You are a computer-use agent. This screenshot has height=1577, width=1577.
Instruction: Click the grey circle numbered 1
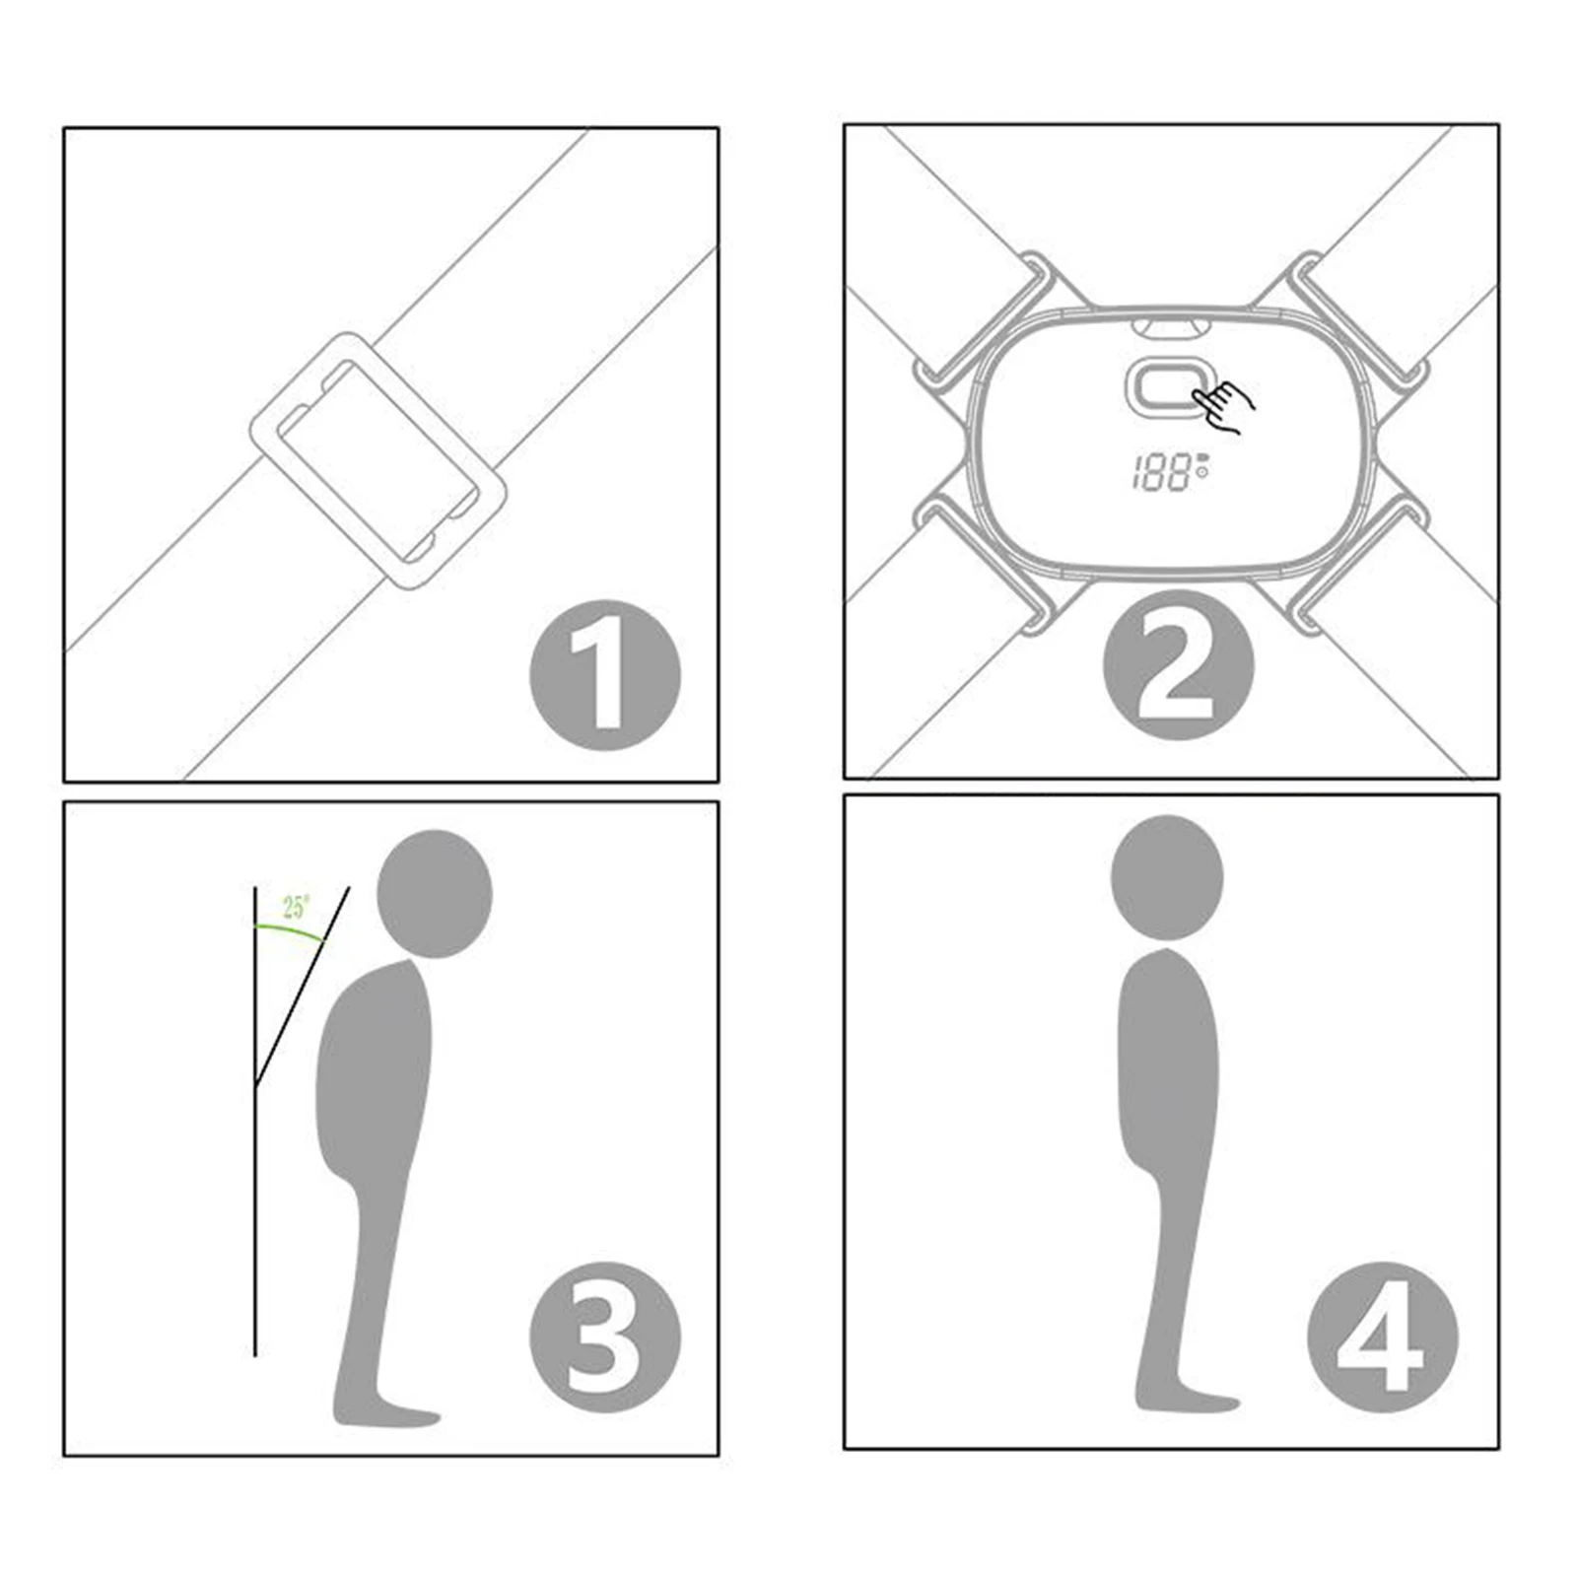click(605, 675)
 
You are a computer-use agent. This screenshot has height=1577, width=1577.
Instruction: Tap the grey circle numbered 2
click(1178, 665)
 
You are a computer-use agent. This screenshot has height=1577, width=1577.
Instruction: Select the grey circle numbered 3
click(605, 1337)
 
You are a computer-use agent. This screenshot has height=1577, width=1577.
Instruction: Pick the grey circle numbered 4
click(1382, 1337)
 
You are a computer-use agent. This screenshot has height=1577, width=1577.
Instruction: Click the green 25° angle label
click(296, 907)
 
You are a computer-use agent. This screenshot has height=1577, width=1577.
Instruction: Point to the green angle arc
click(290, 930)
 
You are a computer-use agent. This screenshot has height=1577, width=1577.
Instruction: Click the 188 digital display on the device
click(1170, 473)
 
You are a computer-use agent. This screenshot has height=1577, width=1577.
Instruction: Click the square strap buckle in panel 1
click(378, 460)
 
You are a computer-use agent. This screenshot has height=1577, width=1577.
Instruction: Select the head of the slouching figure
click(435, 893)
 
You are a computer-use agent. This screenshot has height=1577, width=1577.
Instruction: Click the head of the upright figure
click(1167, 877)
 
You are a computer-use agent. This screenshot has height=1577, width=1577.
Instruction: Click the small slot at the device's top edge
click(1168, 325)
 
